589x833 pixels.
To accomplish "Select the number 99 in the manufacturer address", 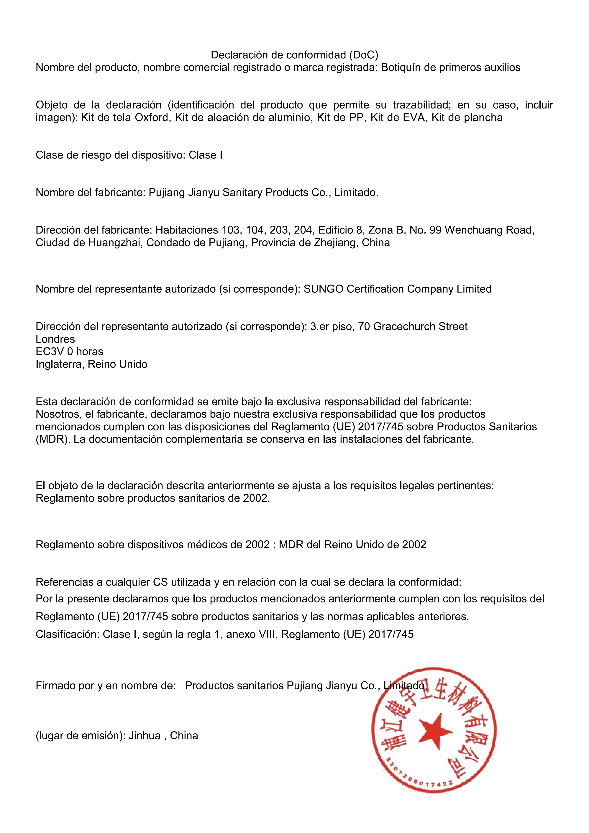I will (436, 230).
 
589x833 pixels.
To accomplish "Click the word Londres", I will (55, 339).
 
